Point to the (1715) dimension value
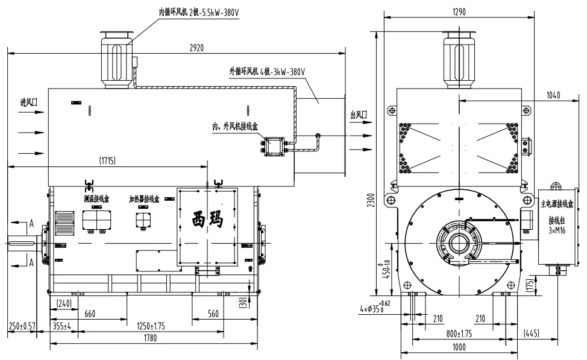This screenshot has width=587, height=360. coord(107,160)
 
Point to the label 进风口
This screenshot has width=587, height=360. coord(28,103)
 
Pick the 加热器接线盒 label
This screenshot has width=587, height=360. coord(144,198)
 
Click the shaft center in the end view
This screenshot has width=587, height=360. coord(459,243)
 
